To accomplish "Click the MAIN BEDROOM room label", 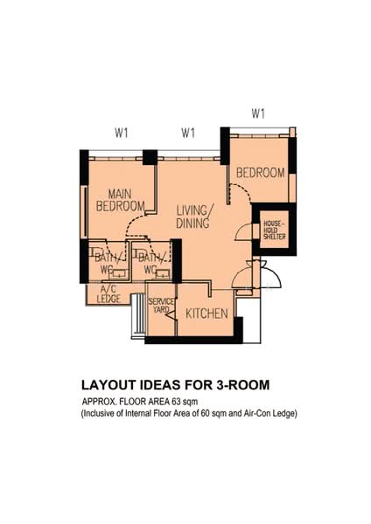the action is pyautogui.click(x=120, y=200).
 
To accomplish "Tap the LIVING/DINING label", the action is pyautogui.click(x=194, y=217).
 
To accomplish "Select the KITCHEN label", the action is pyautogui.click(x=206, y=314).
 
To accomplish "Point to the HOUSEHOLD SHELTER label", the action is pyautogui.click(x=275, y=230).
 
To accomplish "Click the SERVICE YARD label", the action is pyautogui.click(x=161, y=306).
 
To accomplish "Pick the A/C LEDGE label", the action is pyautogui.click(x=108, y=294).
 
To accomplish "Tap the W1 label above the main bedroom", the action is pyautogui.click(x=122, y=134).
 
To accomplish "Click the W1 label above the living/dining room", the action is pyautogui.click(x=188, y=133).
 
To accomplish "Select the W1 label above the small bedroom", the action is pyautogui.click(x=258, y=114).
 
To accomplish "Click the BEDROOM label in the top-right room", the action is pyautogui.click(x=261, y=173).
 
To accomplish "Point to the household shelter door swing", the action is pyautogui.click(x=243, y=231).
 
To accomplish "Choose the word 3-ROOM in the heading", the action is pyautogui.click(x=242, y=385).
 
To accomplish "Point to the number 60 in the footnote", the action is pyautogui.click(x=206, y=414).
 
